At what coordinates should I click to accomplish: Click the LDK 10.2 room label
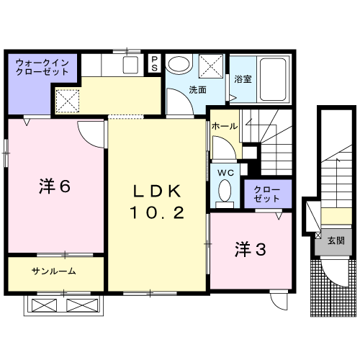(x=158, y=202)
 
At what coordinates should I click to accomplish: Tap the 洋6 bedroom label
(x=54, y=186)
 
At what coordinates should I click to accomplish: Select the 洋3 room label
(x=251, y=250)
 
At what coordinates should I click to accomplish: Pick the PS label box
(x=155, y=63)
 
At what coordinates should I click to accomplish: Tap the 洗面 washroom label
(x=197, y=91)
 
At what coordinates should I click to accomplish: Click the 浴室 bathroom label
(x=242, y=79)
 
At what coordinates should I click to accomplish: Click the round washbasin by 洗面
(x=179, y=64)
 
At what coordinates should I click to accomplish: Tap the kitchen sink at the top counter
(x=130, y=65)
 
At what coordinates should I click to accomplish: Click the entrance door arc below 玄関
(x=333, y=272)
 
